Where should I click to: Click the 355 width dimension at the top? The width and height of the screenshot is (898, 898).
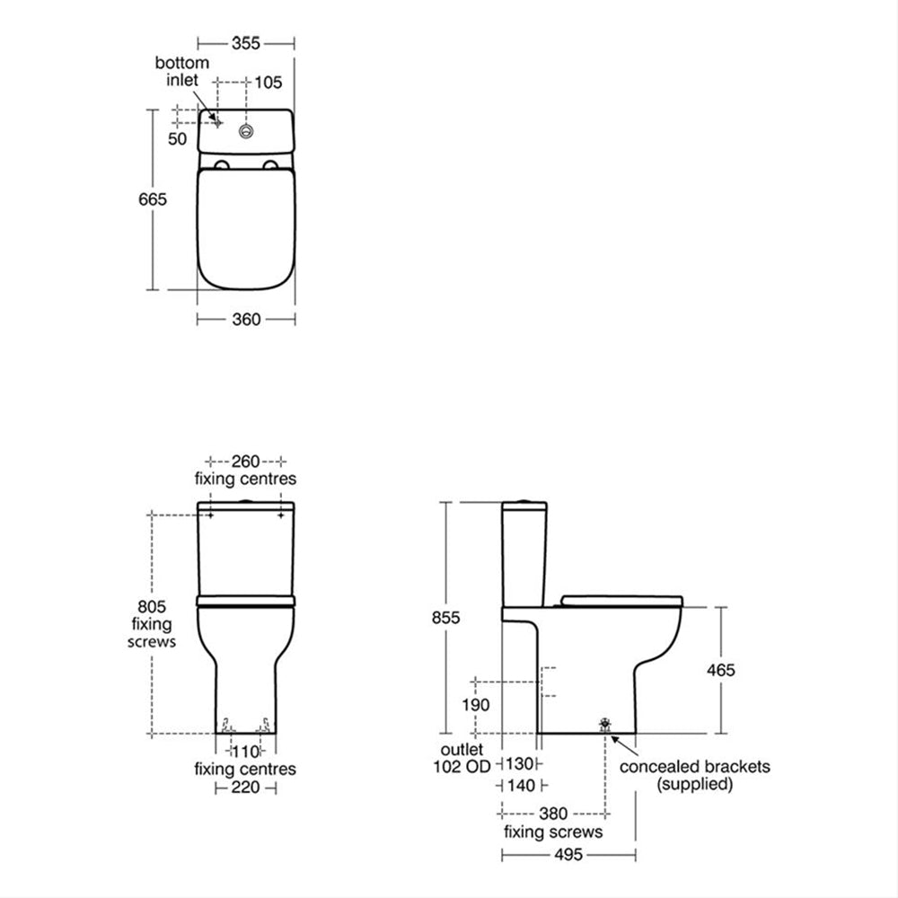coord(246,43)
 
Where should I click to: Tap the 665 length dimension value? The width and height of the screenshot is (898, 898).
coord(153,199)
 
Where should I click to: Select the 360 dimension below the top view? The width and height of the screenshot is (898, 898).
coord(246,319)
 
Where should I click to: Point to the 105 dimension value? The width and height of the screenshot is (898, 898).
coord(268,83)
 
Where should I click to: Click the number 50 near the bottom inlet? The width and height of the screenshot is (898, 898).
coord(178,139)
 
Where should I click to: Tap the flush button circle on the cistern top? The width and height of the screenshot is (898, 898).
coord(246,130)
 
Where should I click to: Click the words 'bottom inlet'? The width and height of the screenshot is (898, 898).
coord(182,71)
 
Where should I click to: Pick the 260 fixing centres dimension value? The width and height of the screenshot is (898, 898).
coord(246,461)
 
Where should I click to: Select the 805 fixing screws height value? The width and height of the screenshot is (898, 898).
coord(152,606)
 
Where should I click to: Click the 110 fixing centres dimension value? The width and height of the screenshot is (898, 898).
coord(245,751)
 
